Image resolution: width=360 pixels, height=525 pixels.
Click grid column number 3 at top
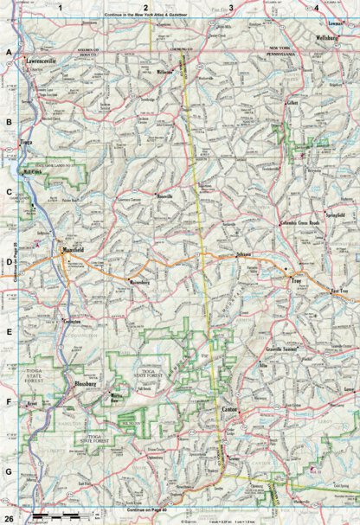point(230,7)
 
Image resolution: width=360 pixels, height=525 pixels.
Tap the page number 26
point(9,516)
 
